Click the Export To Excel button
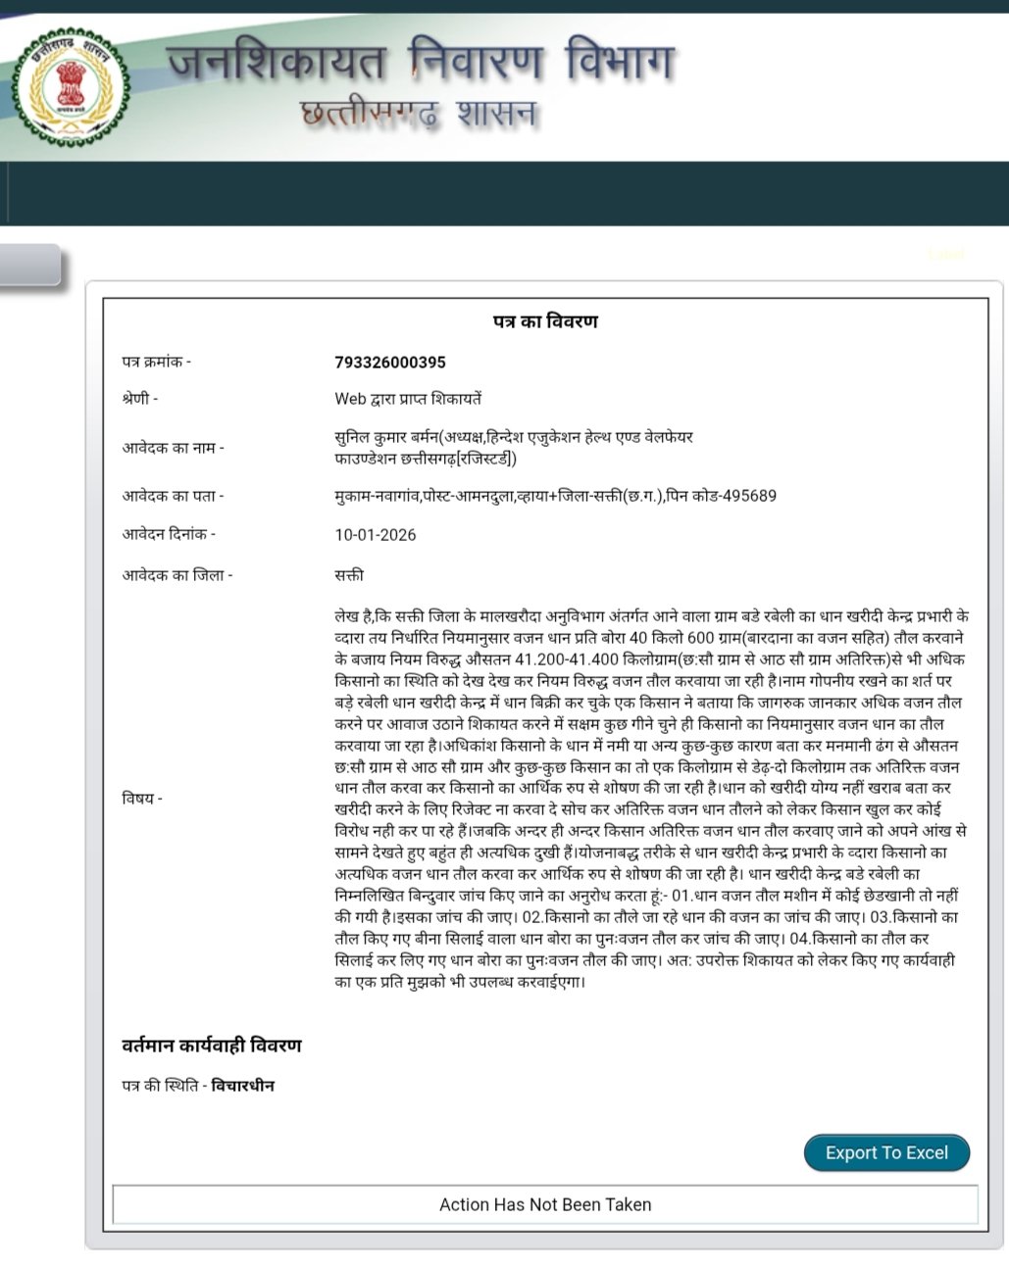pos(886,1153)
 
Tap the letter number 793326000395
pos(390,363)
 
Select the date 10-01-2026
pos(376,535)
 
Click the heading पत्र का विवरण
pos(545,321)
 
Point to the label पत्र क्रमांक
pos(156,363)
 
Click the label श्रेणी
pos(139,399)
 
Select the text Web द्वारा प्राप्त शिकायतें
pos(408,399)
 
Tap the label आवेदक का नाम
pos(173,448)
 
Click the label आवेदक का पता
pos(173,496)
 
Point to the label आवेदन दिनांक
pos(169,535)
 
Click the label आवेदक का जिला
pos(177,575)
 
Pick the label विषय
pos(142,799)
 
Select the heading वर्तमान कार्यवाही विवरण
pos(212,1046)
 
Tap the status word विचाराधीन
pos(243,1086)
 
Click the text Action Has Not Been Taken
pos(545,1205)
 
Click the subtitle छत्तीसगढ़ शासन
pos(420,115)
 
